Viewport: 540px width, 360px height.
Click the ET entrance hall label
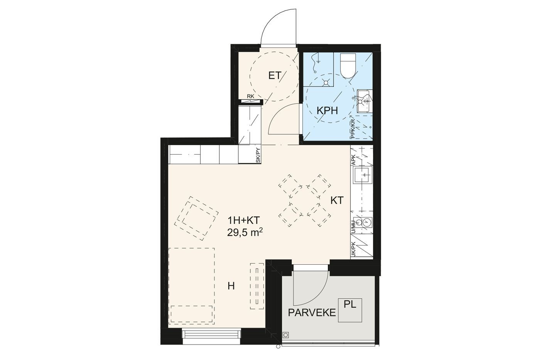[275, 76]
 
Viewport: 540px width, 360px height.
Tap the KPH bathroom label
[327, 111]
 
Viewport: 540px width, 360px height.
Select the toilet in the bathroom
[348, 66]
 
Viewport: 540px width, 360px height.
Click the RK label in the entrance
[250, 96]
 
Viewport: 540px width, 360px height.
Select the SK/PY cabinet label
[258, 155]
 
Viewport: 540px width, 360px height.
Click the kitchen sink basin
[363, 174]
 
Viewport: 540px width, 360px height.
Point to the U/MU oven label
[353, 226]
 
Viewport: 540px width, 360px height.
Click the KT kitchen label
[336, 200]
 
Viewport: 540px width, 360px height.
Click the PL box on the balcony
[350, 310]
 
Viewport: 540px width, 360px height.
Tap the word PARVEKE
[312, 313]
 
